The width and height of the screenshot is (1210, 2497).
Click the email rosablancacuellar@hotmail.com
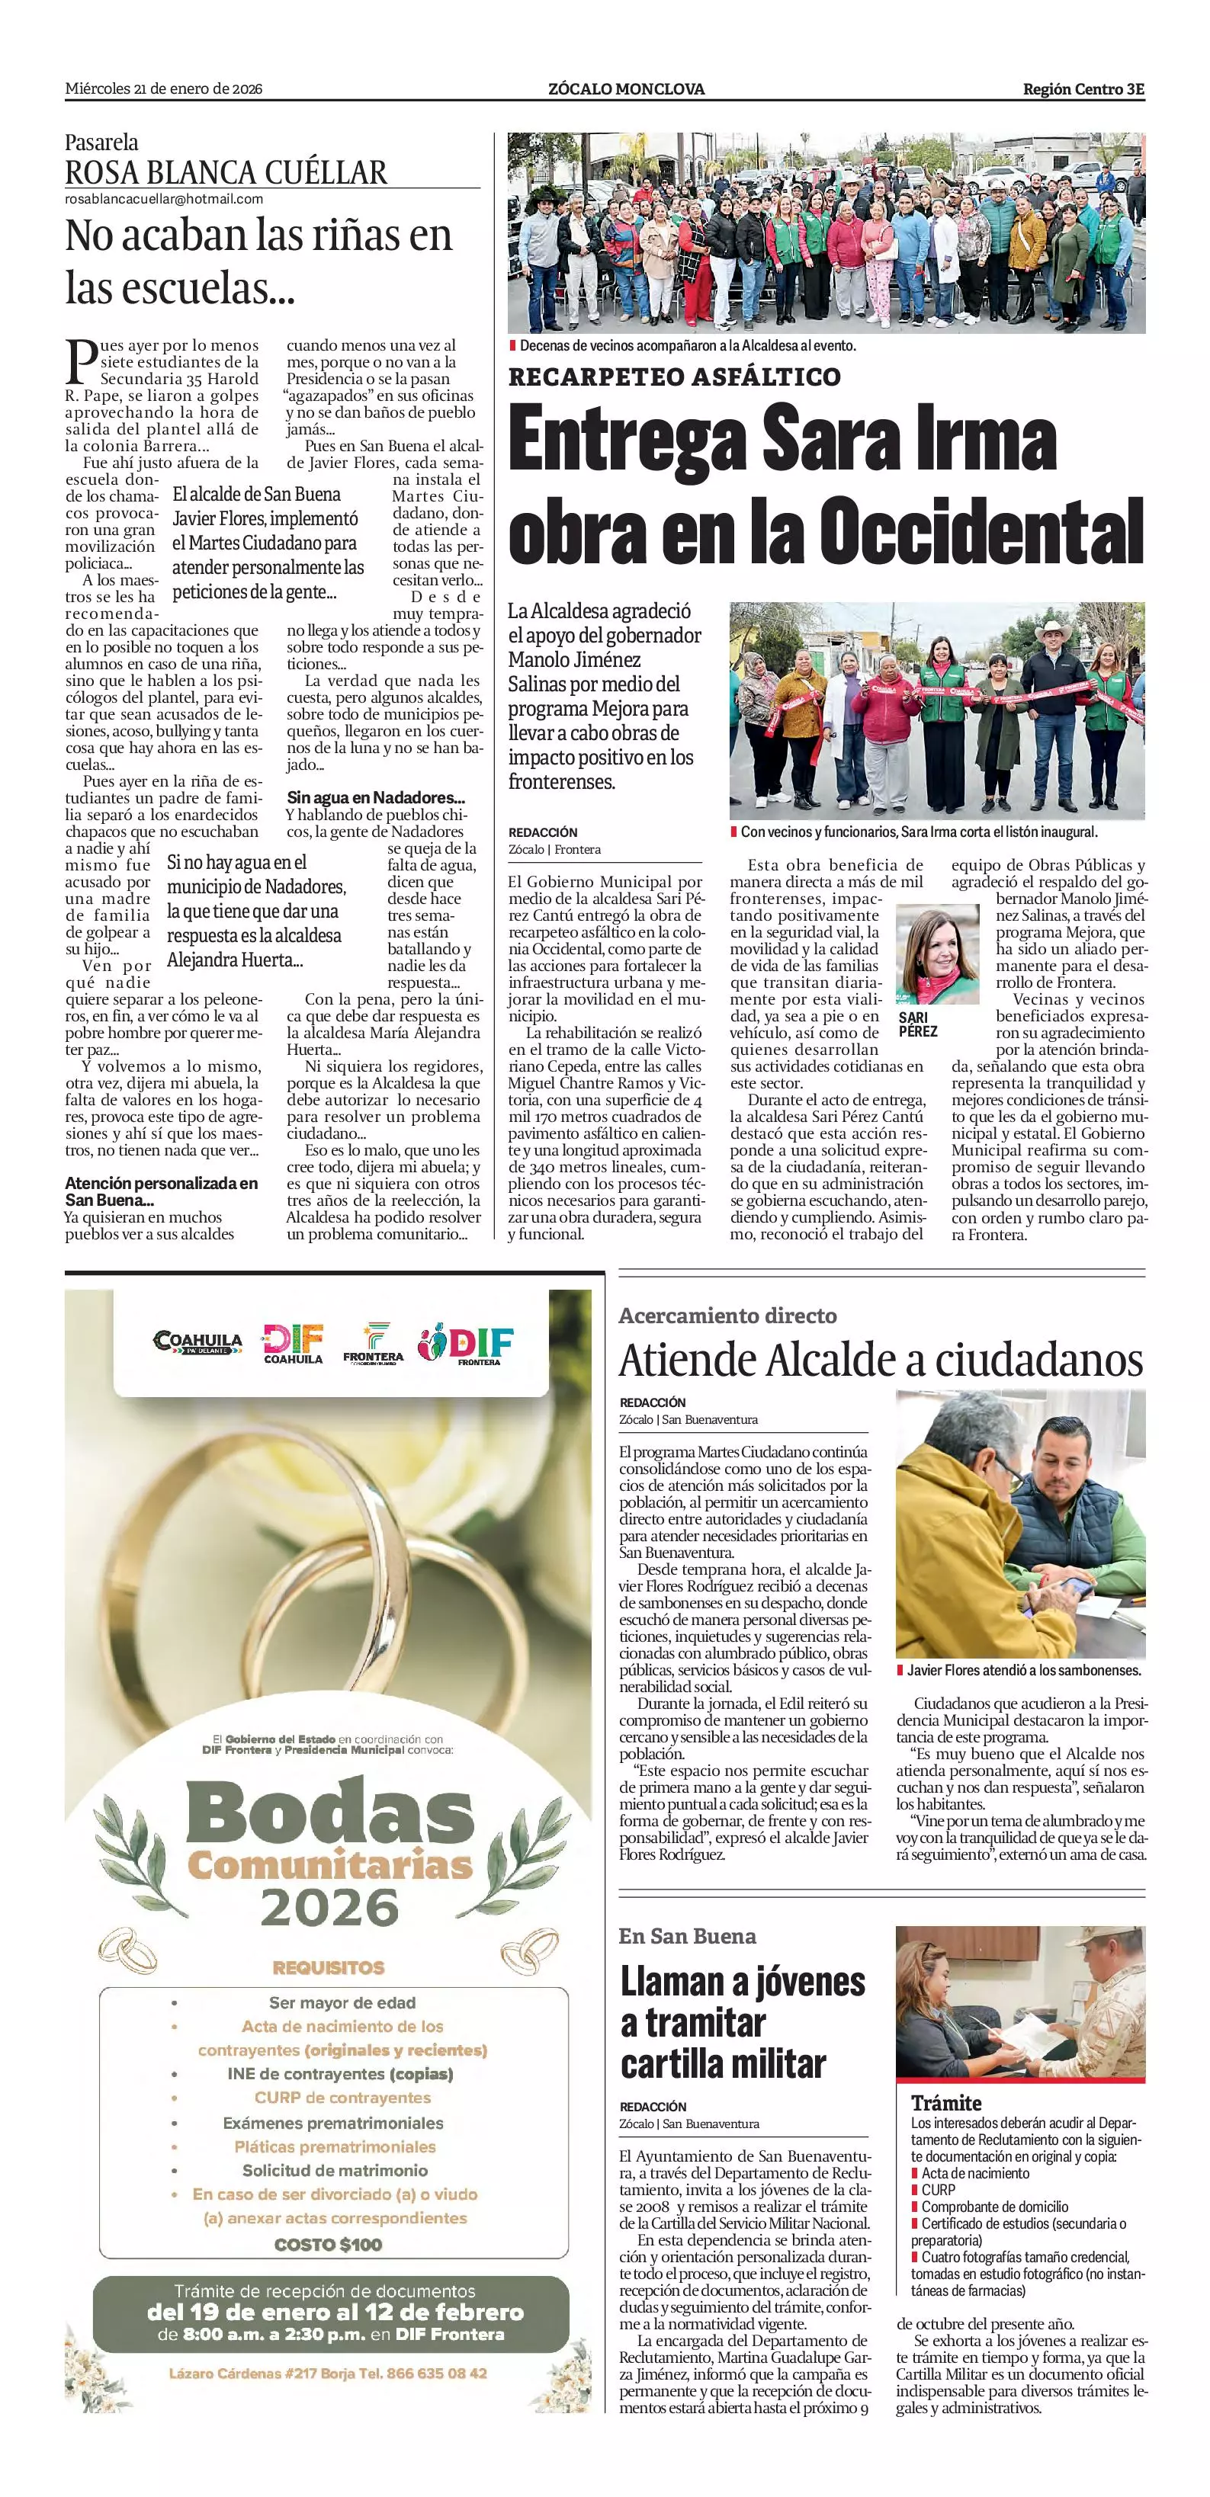click(x=164, y=199)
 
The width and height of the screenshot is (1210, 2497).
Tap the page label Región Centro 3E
click(x=1083, y=89)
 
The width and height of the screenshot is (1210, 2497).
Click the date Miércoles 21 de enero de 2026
click(x=164, y=89)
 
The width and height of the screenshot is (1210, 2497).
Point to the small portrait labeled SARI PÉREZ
click(x=936, y=956)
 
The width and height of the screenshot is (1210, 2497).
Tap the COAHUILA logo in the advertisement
click(x=197, y=1341)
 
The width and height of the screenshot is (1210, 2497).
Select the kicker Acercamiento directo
click(x=727, y=1316)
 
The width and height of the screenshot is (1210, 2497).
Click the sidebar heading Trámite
click(x=945, y=2102)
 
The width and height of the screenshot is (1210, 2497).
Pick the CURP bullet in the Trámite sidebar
click(x=938, y=2189)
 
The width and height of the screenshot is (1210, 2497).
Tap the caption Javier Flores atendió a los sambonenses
click(x=1024, y=1670)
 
